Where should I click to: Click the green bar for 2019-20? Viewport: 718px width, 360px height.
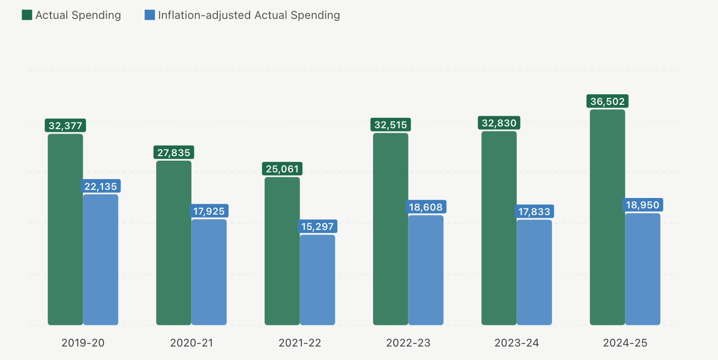click(x=65, y=229)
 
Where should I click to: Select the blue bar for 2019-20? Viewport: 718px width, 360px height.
click(x=101, y=260)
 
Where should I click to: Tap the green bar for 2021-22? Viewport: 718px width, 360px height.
click(x=282, y=251)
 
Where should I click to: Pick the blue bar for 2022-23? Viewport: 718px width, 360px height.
click(x=426, y=270)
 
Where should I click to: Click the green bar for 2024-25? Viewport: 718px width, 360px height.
click(x=607, y=217)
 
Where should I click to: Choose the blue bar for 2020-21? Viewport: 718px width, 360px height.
click(x=209, y=272)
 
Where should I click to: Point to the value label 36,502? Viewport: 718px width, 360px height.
click(x=607, y=101)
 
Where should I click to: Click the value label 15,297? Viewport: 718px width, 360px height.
click(x=317, y=226)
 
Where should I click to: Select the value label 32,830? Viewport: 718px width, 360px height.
click(x=499, y=123)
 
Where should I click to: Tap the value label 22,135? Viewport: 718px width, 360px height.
click(x=101, y=186)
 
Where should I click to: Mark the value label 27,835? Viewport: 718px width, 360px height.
click(x=174, y=153)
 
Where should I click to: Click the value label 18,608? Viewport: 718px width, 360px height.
click(x=426, y=207)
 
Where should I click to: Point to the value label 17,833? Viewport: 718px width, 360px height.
click(x=534, y=211)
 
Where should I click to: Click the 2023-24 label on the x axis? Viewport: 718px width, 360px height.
click(x=516, y=343)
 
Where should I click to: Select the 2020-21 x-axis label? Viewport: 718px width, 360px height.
click(x=191, y=343)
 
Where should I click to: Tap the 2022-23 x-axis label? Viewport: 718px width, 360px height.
click(x=408, y=343)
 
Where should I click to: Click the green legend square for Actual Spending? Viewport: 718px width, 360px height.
click(x=27, y=15)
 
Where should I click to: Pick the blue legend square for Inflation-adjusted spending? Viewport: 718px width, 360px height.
click(x=149, y=15)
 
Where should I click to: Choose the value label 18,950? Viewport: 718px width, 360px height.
click(x=642, y=205)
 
